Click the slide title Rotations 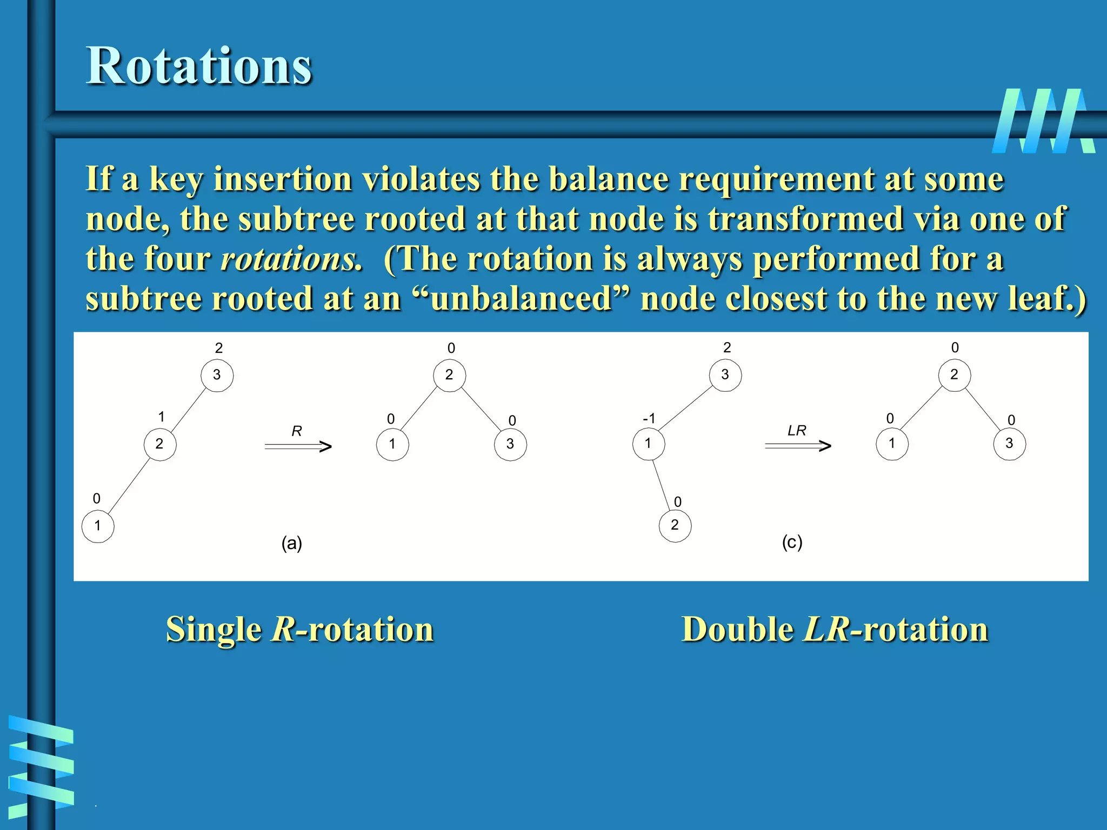pyautogui.click(x=199, y=66)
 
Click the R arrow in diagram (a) pyautogui.click(x=298, y=446)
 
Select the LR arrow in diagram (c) pyautogui.click(x=798, y=445)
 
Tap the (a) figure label pyautogui.click(x=292, y=543)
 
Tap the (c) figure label pyautogui.click(x=792, y=541)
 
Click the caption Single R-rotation pyautogui.click(x=299, y=629)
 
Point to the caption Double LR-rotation pyautogui.click(x=835, y=629)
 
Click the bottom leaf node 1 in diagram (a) pyautogui.click(x=98, y=526)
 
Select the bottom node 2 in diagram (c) pyautogui.click(x=675, y=525)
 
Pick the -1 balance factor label pyautogui.click(x=649, y=418)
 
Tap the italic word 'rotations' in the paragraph pyautogui.click(x=291, y=258)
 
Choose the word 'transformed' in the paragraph pyautogui.click(x=805, y=218)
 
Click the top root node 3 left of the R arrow pyautogui.click(x=217, y=375)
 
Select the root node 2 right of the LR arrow pyautogui.click(x=955, y=374)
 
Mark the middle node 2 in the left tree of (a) pyautogui.click(x=160, y=444)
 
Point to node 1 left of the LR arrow pyautogui.click(x=649, y=444)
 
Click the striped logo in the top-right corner pyautogui.click(x=1043, y=121)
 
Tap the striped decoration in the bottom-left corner pyautogui.click(x=41, y=762)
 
